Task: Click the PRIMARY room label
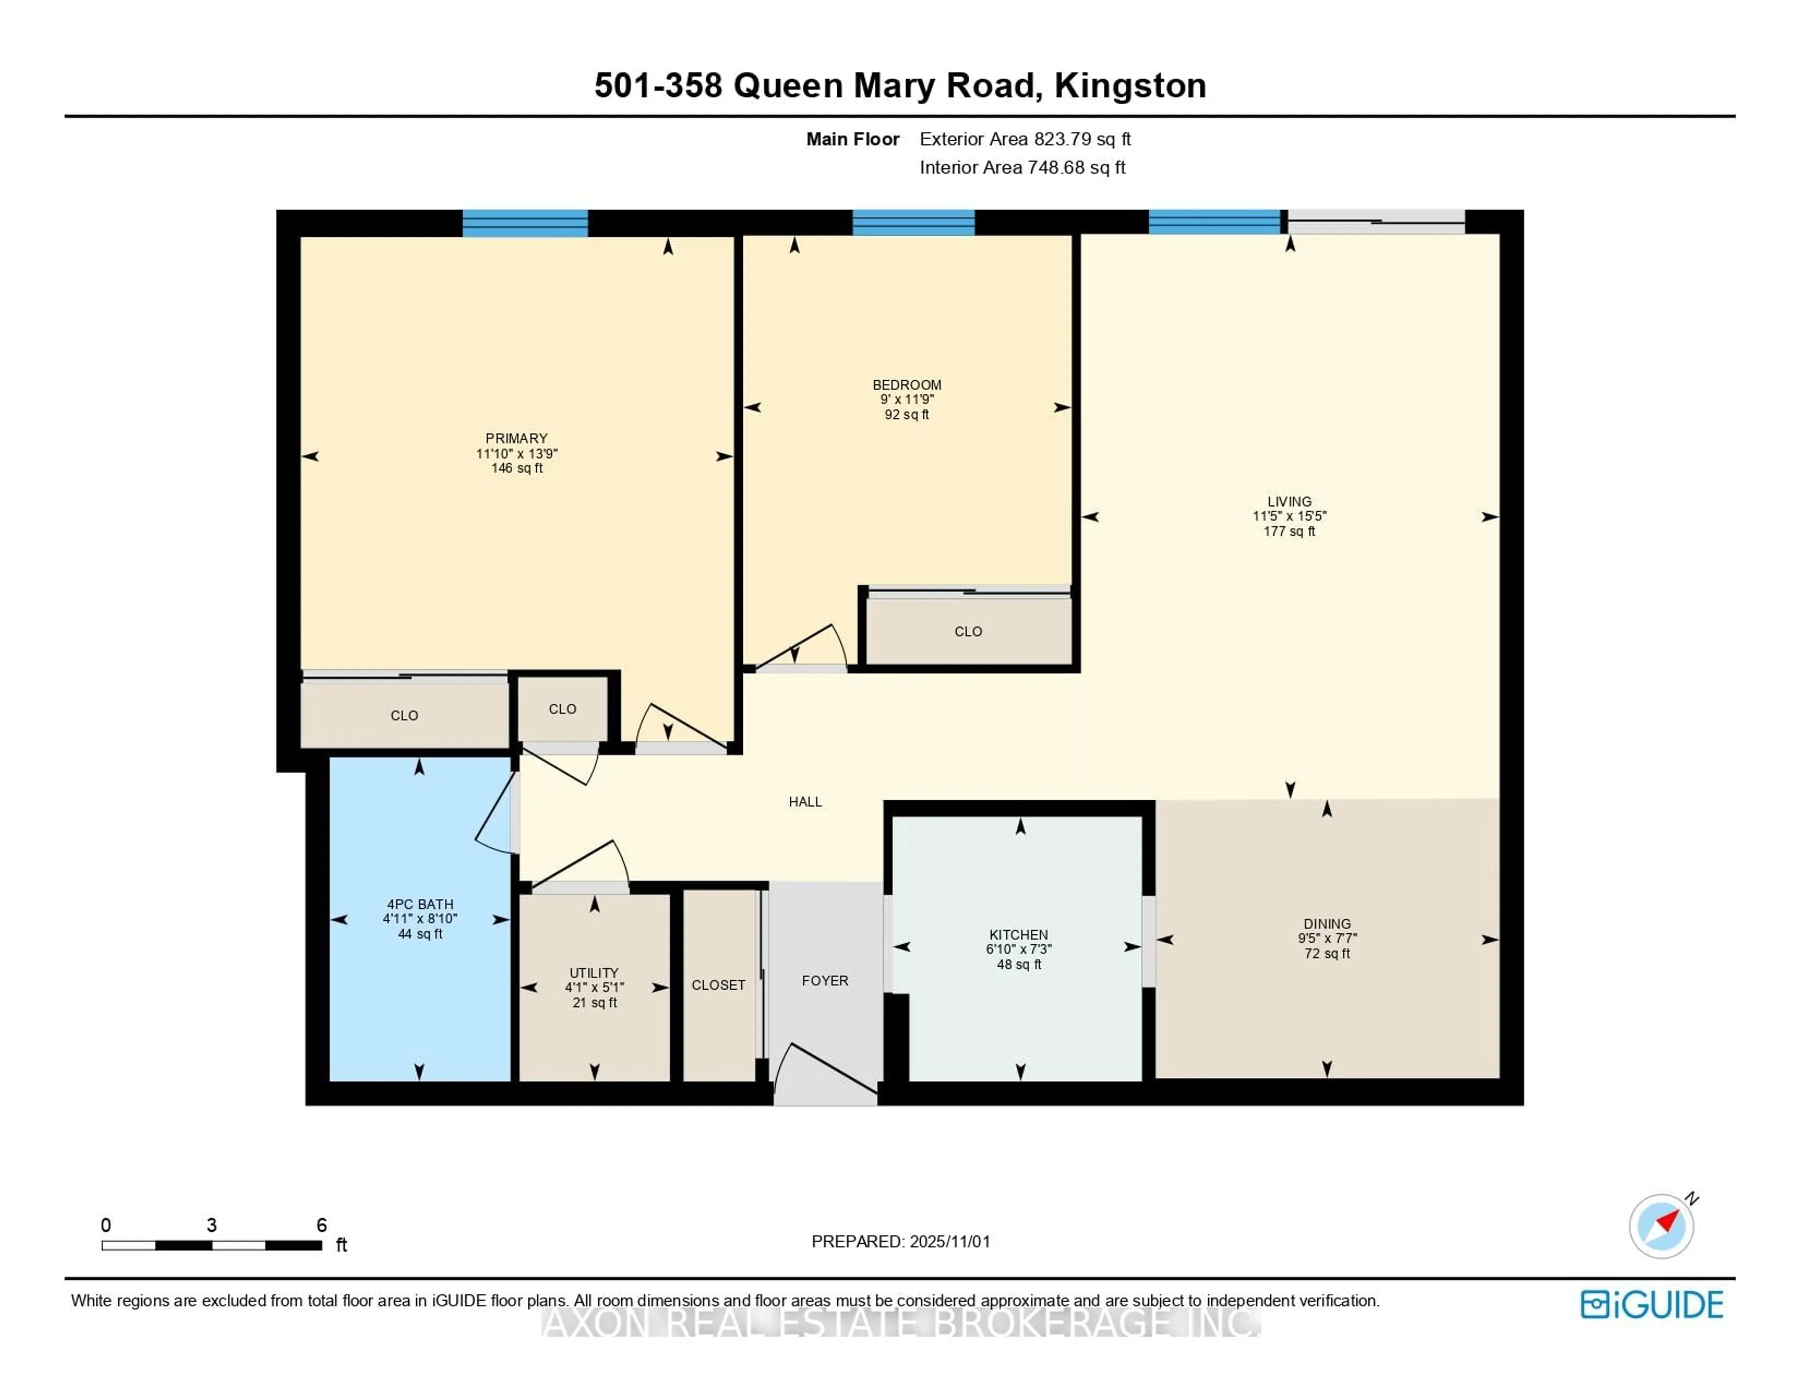[x=516, y=438]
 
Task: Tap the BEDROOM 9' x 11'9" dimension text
[x=907, y=399]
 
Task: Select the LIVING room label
[x=1289, y=501]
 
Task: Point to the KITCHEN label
[x=1019, y=934]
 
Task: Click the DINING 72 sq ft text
[x=1327, y=953]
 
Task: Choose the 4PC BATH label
[x=420, y=904]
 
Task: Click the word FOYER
[x=825, y=980]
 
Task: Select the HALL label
[x=805, y=801]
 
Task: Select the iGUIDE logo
[x=1652, y=1304]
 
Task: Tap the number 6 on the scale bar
[x=322, y=1225]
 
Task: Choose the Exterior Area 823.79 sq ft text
[x=1025, y=138]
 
